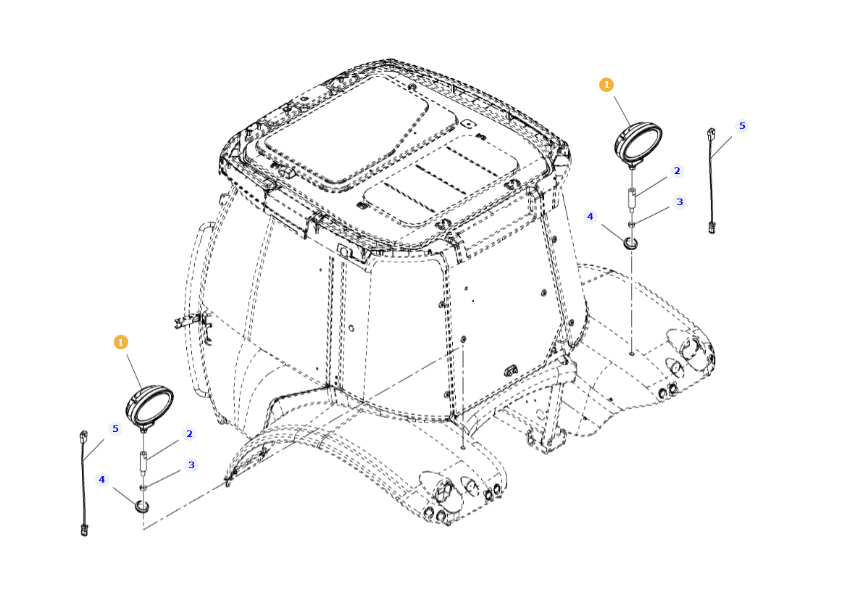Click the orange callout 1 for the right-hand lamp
[606, 85]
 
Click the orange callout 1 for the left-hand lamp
[121, 341]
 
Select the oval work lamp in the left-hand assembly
[150, 404]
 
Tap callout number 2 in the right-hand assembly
[677, 171]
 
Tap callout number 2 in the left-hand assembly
[189, 434]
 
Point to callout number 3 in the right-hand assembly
[680, 202]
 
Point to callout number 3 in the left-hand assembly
[191, 465]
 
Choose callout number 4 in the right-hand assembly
[590, 216]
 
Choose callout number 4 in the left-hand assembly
[101, 479]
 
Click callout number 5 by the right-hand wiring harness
[741, 125]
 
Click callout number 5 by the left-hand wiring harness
[114, 428]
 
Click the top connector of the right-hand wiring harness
[711, 134]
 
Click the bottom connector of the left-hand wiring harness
[85, 530]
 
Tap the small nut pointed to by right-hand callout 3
[631, 225]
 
